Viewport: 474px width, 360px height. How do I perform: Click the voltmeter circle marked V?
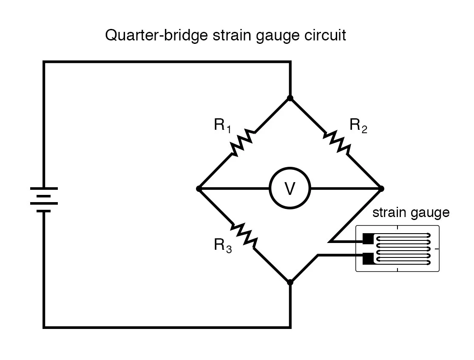pos(290,189)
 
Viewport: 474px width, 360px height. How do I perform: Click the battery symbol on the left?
pos(44,199)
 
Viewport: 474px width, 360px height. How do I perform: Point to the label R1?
pos(222,126)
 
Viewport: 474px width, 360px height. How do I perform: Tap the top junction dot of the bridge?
pos(290,98)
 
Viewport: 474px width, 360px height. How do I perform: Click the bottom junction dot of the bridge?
pos(290,282)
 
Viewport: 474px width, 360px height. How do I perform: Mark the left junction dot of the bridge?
pos(199,189)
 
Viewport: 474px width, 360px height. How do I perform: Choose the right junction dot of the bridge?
pos(381,189)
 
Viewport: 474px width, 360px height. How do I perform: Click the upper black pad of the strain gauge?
pos(367,239)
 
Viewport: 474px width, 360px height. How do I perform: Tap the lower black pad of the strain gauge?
pos(367,257)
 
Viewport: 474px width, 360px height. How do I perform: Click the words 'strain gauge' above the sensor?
pos(411,212)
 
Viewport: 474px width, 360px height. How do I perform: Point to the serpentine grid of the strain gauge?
pos(404,249)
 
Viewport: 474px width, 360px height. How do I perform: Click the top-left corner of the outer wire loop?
pos(44,63)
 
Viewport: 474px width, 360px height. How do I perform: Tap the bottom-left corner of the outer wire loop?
pos(44,327)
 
